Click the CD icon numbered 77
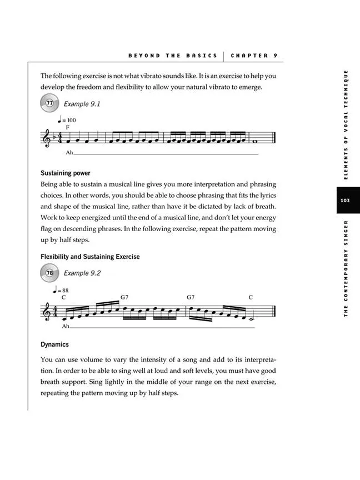point(50,103)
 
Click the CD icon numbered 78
point(50,273)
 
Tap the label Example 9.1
point(82,104)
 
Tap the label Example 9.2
point(82,273)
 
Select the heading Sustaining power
point(66,173)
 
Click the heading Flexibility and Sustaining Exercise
point(90,257)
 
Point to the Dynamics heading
point(54,344)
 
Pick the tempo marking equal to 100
point(67,120)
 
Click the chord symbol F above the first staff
point(67,128)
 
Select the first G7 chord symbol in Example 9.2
point(125,298)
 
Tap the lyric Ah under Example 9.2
point(66,327)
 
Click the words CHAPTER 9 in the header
point(254,56)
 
